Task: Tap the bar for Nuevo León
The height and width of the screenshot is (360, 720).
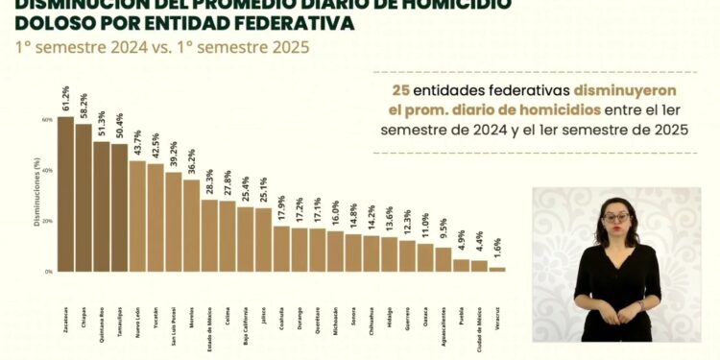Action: pos(137,216)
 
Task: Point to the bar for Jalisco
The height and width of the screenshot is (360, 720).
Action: pos(263,240)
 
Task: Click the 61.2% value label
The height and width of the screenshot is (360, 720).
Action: pos(66,99)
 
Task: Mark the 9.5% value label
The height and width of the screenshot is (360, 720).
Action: pos(444,230)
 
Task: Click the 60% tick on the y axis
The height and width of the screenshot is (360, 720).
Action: pos(47,120)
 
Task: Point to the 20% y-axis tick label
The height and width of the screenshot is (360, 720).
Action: pos(47,222)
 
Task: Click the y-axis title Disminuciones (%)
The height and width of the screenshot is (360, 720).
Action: pos(35,197)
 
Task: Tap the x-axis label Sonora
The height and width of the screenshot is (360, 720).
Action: pos(353,290)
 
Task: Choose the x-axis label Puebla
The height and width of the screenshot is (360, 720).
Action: pos(461,289)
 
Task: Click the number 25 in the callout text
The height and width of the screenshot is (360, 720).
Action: pos(400,89)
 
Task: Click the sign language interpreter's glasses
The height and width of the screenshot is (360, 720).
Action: pos(615,217)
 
